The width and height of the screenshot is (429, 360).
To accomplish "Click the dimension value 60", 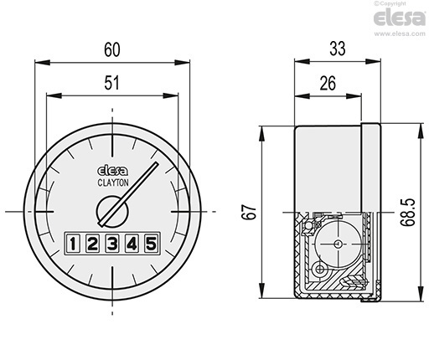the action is coord(112,50).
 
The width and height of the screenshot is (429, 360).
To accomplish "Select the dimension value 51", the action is coord(111,83).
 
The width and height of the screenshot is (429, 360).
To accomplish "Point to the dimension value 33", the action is coord(338,49).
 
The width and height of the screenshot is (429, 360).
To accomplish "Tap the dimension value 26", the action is coord(328,83).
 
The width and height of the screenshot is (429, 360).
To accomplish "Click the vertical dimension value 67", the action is coord(249,213).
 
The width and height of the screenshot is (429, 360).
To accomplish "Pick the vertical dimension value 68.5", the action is coord(407,212).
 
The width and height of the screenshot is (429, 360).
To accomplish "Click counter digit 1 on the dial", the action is coord(73,244).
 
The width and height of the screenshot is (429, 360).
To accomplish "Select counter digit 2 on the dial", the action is coord(92,244).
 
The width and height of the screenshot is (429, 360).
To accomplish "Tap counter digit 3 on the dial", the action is coord(112,244).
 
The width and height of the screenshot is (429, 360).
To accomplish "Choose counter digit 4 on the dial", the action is coord(132,244).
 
